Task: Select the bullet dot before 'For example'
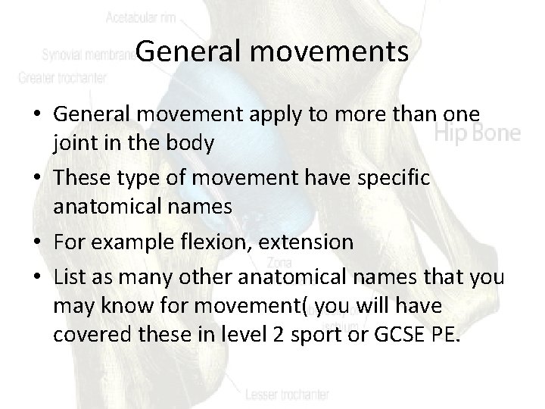[38, 242]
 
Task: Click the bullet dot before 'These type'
[38, 177]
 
